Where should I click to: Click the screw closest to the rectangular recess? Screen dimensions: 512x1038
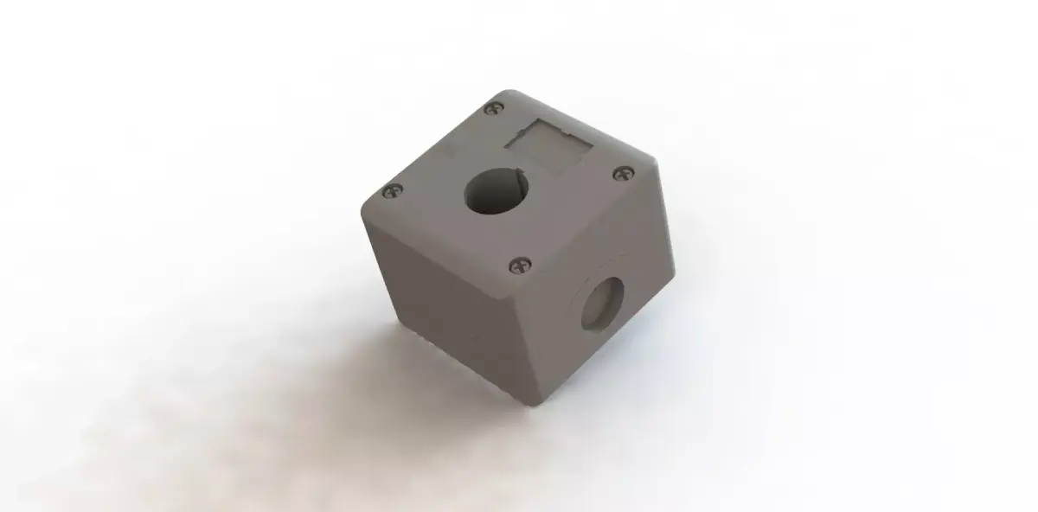(x=494, y=109)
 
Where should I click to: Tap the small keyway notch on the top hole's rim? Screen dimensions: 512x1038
(x=522, y=179)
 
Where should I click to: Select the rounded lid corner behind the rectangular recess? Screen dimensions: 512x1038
(x=506, y=95)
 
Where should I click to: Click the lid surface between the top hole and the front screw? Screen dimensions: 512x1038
(x=510, y=234)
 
